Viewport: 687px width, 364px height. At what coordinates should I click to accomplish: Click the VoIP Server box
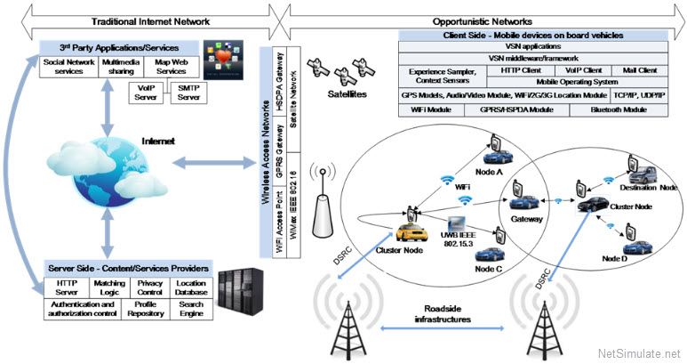(x=143, y=93)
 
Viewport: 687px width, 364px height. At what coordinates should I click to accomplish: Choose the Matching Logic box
(x=109, y=287)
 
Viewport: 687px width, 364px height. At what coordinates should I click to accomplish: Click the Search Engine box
(x=190, y=308)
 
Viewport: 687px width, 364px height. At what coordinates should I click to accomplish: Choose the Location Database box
(x=190, y=287)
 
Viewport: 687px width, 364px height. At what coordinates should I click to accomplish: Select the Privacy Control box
(x=149, y=287)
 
